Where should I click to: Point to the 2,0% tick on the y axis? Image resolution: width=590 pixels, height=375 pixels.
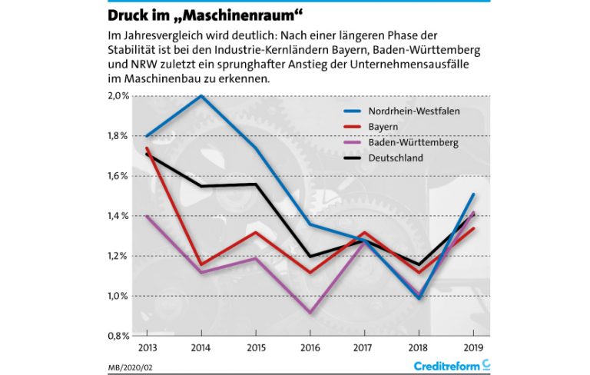pos(118,96)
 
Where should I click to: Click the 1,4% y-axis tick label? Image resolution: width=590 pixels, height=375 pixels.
pos(118,216)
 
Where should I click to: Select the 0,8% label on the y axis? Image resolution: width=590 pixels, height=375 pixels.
pos(118,336)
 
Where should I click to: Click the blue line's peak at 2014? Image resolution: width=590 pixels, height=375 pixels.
pos(201,96)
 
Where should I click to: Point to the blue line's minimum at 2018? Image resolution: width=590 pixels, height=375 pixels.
pos(419,298)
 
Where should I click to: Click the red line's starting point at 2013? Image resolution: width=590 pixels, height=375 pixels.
pos(146,148)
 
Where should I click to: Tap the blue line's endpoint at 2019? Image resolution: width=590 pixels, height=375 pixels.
pos(474,194)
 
